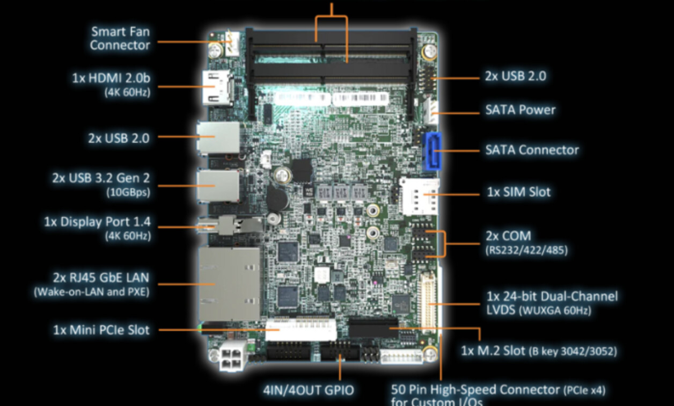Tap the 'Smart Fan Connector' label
120,39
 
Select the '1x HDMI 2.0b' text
111,78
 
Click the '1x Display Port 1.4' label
97,222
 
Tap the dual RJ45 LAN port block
229,283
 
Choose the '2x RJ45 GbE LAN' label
101,278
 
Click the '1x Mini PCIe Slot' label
101,330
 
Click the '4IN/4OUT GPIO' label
308,389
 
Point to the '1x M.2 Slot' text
493,351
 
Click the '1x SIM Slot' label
518,192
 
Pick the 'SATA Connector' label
532,150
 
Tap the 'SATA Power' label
520,110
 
